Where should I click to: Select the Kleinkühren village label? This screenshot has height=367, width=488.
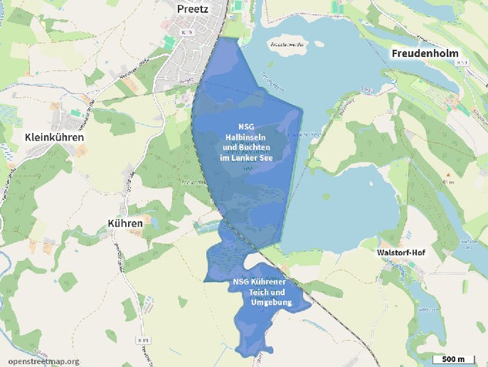[54, 137]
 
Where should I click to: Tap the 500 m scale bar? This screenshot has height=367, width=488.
[453, 358]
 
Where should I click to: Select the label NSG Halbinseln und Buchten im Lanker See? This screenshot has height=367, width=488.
[246, 142]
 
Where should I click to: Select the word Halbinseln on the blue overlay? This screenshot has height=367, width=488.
[246, 135]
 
